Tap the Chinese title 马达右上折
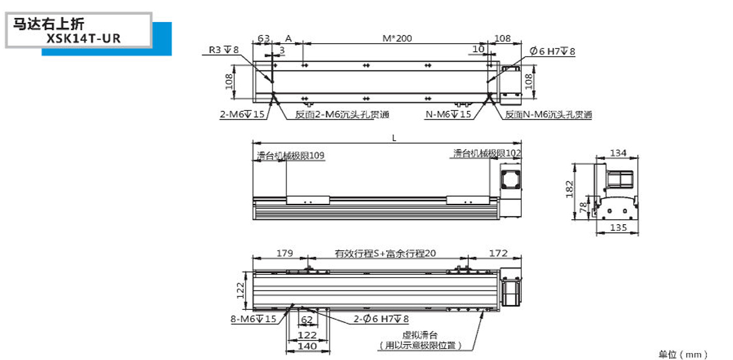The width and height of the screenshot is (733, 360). click(48, 25)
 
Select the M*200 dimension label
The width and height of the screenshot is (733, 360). click(397, 38)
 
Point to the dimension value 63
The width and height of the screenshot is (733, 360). click(263, 38)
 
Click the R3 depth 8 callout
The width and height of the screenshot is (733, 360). click(224, 51)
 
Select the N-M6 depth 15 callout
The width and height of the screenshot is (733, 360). click(448, 115)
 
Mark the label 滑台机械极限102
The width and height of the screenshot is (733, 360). click(487, 153)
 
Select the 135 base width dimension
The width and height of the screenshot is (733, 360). click(618, 228)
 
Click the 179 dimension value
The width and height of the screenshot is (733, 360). click(285, 253)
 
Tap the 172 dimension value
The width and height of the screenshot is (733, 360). click(498, 253)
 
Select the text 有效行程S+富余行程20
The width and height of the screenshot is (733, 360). click(385, 254)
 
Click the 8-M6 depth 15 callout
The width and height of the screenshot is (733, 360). click(254, 319)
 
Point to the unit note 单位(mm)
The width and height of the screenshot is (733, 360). click(683, 354)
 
